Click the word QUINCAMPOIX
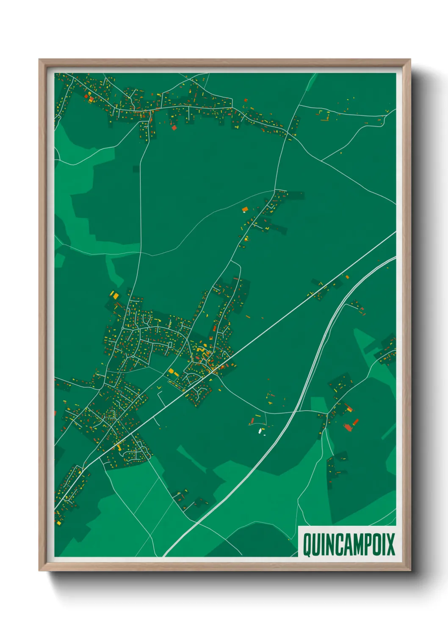[348, 544]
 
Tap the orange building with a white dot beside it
[244, 209]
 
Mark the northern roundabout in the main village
[123, 328]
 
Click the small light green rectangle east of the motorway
[318, 404]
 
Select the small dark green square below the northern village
[136, 169]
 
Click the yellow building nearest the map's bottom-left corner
[58, 523]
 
